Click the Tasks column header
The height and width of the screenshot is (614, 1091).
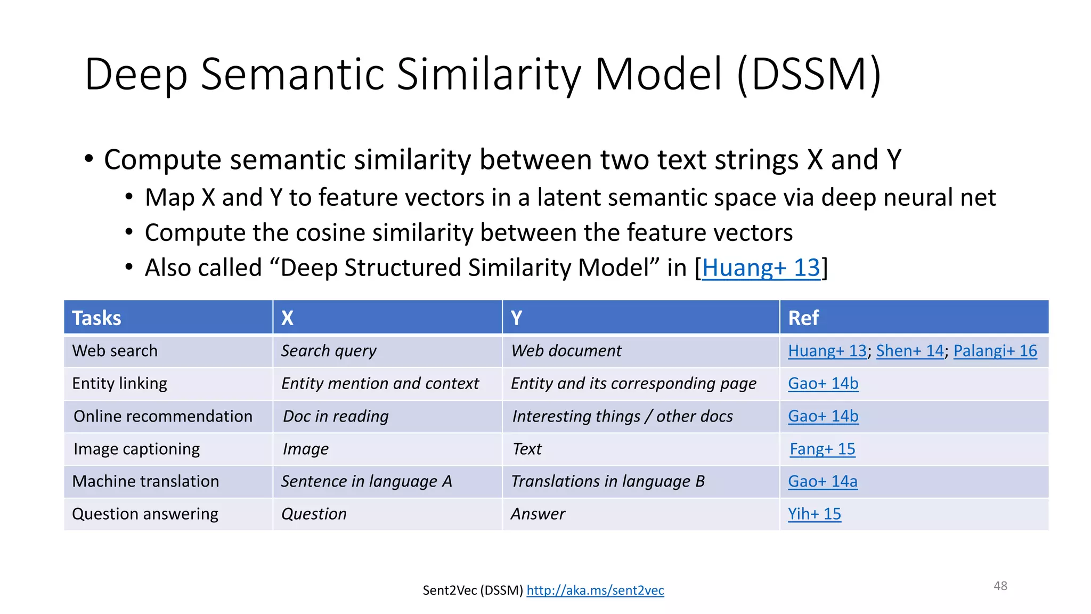[x=97, y=318]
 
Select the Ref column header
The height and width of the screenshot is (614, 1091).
[x=803, y=318]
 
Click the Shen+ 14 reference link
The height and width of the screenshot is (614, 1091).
[x=910, y=351]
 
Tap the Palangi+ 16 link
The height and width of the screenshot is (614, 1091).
[x=995, y=351]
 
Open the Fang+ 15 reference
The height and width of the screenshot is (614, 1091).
[x=822, y=449]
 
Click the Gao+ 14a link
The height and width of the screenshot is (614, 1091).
[x=823, y=481]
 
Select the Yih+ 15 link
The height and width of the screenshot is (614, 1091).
[x=815, y=514]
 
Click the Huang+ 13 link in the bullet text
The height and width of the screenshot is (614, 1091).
[x=761, y=268]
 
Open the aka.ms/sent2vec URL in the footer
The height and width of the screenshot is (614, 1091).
[x=595, y=591]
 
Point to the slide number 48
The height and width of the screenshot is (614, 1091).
[x=1000, y=586]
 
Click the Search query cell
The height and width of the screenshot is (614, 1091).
[x=329, y=351]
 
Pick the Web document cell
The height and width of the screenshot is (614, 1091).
[x=566, y=351]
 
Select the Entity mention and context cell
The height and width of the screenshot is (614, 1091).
[x=380, y=383]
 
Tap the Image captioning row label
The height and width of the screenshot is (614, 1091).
[x=136, y=449]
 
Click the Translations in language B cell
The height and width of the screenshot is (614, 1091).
[x=607, y=481]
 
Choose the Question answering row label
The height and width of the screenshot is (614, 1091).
[x=145, y=514]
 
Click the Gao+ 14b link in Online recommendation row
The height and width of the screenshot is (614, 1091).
[x=823, y=416]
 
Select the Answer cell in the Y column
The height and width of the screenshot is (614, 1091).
[x=538, y=514]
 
